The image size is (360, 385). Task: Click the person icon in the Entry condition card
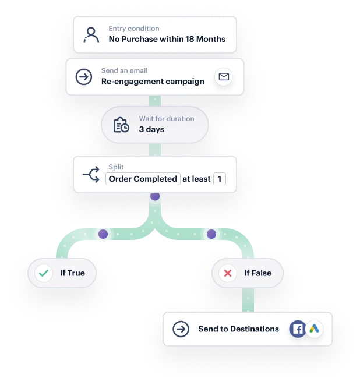click(x=91, y=34)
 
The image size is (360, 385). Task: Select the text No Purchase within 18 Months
click(x=167, y=40)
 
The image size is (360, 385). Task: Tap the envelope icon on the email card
click(x=223, y=77)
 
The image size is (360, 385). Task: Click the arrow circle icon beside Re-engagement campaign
click(x=84, y=76)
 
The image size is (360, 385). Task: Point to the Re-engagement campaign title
click(x=153, y=82)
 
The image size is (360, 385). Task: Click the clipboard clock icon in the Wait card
click(x=121, y=125)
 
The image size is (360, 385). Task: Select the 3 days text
click(x=151, y=129)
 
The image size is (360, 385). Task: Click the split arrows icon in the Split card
click(x=91, y=174)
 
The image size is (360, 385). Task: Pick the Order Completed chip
click(x=143, y=179)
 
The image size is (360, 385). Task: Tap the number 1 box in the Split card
click(x=220, y=179)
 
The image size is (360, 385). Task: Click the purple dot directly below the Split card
click(x=155, y=196)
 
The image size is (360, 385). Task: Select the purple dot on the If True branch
click(x=103, y=234)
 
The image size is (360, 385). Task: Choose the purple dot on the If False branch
click(x=211, y=234)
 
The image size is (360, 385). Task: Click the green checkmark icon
click(x=44, y=273)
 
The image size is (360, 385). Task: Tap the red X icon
click(x=228, y=273)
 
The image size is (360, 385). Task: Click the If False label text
click(x=257, y=273)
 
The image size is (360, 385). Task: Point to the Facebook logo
click(x=298, y=329)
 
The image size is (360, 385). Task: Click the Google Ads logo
click(x=314, y=329)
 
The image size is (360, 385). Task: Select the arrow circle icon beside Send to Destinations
click(x=181, y=329)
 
